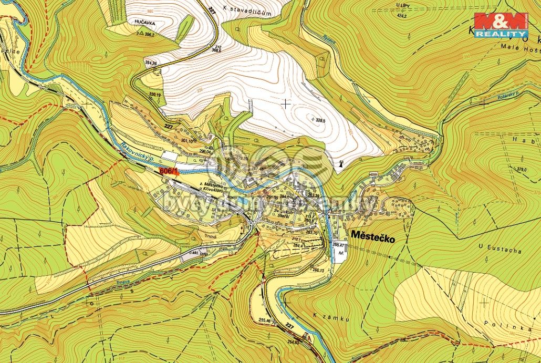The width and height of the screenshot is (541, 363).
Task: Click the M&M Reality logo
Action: tap(501, 25)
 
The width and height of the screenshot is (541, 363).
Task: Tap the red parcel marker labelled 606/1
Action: tap(169, 171)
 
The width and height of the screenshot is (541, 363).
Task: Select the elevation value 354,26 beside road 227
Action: tap(151, 63)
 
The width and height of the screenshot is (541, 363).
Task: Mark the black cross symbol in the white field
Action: tap(285, 103)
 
